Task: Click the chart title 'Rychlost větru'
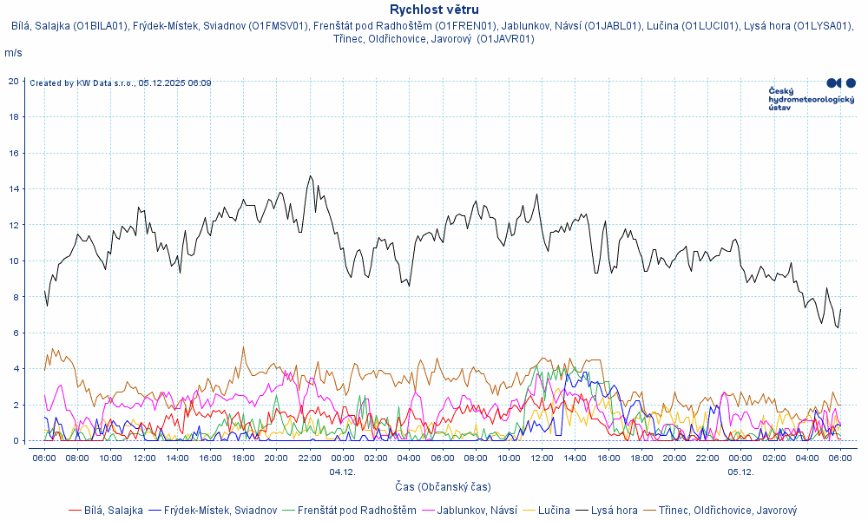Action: (434, 10)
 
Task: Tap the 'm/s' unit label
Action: (13, 53)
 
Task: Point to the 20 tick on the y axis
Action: (14, 81)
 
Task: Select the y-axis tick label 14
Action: (14, 188)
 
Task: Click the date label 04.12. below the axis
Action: (342, 472)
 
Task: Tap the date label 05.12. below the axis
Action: (740, 472)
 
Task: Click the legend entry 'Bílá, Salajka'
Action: (111, 511)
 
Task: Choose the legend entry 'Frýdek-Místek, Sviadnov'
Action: (220, 511)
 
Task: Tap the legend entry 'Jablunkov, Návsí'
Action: (477, 511)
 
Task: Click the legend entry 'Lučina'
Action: (554, 511)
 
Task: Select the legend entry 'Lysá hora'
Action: (614, 511)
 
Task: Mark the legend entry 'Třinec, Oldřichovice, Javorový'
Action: (727, 511)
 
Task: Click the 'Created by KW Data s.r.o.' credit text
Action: (120, 83)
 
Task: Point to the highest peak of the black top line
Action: (310, 176)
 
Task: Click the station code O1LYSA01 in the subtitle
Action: (823, 25)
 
